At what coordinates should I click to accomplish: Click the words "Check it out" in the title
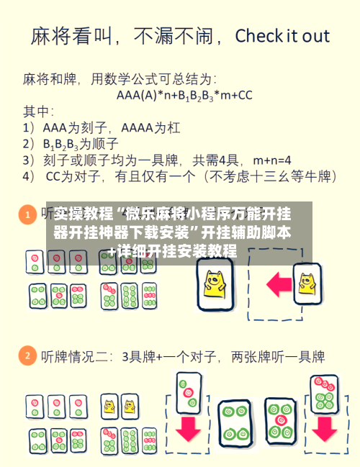point(282,36)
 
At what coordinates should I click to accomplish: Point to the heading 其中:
point(39,112)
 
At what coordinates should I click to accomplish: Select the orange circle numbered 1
point(27,214)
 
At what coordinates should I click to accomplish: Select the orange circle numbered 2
point(27,355)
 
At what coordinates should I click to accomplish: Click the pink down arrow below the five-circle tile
point(323,427)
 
